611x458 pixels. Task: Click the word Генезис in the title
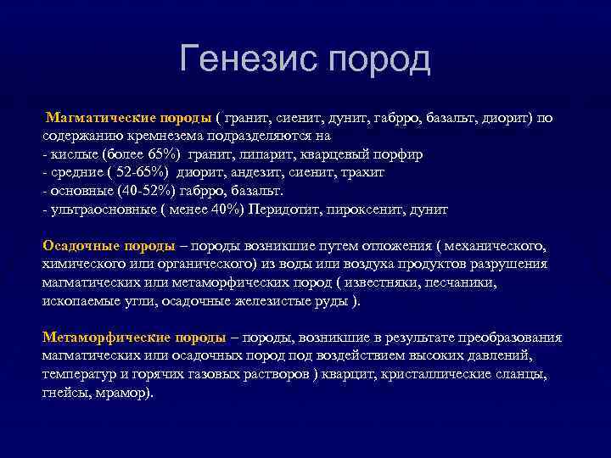point(248,60)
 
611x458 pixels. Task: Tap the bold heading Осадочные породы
point(109,245)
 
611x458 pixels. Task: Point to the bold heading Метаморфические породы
point(134,337)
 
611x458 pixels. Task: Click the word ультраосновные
point(93,209)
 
